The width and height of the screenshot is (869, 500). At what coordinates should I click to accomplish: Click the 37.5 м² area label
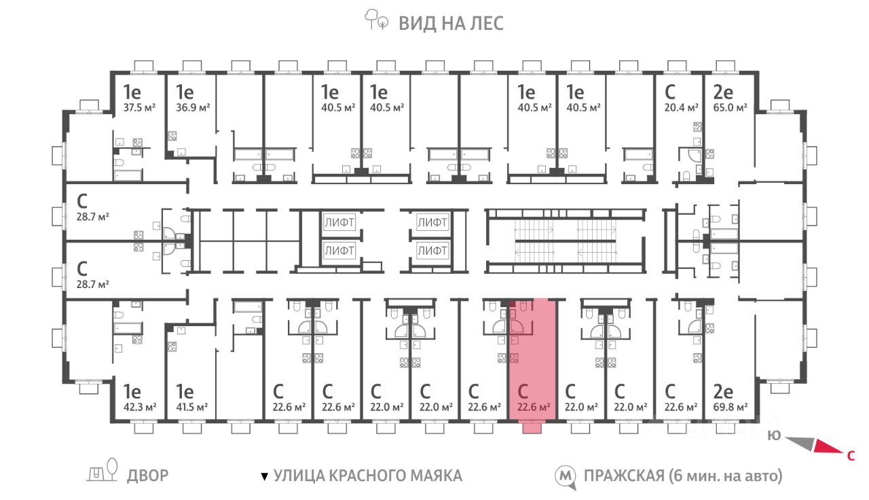point(139,107)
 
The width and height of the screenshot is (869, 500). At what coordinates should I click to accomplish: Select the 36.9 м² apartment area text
point(193,107)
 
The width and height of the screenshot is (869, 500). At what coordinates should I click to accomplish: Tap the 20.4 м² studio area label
point(681,107)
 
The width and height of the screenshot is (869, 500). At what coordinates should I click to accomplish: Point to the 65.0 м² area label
point(730,107)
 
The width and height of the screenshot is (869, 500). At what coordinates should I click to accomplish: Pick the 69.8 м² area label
point(730,407)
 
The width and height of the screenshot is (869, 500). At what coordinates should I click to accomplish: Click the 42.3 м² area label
point(140,407)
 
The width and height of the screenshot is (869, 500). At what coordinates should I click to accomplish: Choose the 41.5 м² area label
point(191,407)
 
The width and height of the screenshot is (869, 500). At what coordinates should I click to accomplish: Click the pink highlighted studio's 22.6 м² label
point(534,407)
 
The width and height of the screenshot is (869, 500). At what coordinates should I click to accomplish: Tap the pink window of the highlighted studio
point(532,428)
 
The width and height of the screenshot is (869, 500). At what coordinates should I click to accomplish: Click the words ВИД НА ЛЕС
point(451,23)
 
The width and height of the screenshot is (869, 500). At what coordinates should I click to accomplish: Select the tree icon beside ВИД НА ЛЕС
point(376,20)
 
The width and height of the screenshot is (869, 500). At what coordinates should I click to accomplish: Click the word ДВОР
point(148,476)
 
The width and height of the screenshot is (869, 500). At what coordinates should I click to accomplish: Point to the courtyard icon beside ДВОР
point(103,470)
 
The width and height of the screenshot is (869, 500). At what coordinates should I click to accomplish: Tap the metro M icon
point(566,476)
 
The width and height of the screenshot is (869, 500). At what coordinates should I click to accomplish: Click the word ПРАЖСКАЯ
point(624,476)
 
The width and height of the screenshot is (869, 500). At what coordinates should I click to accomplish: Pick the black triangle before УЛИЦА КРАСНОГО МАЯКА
point(265,476)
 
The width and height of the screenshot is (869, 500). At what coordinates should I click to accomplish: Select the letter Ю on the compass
point(774,435)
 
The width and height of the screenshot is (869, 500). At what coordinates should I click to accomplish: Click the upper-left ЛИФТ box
point(339,222)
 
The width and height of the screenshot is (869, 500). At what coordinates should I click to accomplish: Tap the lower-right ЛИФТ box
point(432,251)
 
